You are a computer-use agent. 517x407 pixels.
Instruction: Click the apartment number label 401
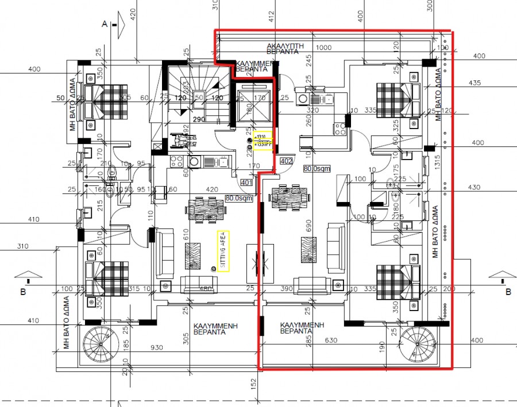click(x=246, y=183)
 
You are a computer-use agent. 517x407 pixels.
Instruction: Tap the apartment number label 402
click(x=287, y=161)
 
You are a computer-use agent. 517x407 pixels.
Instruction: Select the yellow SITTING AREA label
click(x=223, y=250)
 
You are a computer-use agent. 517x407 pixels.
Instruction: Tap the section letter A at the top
click(x=105, y=24)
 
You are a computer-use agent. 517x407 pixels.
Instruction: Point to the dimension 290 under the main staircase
click(x=199, y=119)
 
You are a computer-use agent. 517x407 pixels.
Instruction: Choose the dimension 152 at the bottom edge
click(x=253, y=382)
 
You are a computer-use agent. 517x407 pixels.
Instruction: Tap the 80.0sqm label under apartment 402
click(x=318, y=168)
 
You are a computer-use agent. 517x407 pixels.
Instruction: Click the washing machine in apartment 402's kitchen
click(x=303, y=98)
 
